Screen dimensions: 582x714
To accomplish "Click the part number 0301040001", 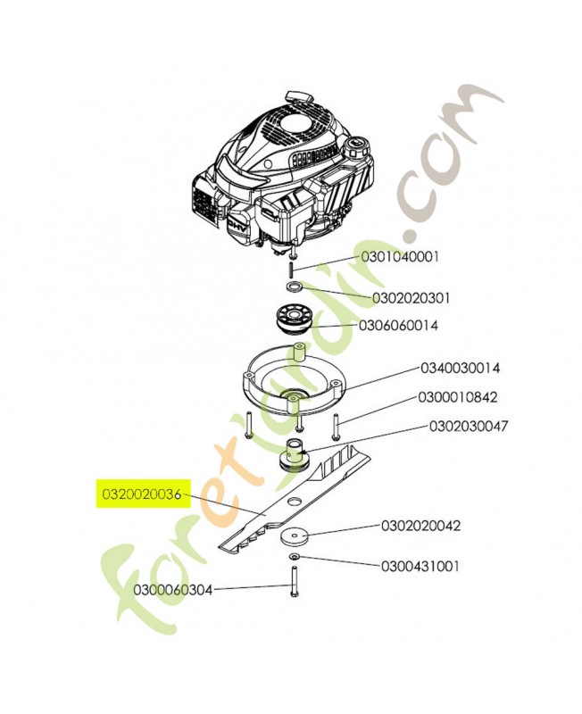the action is tap(400, 257).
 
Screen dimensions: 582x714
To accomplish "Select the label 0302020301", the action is tap(411, 298).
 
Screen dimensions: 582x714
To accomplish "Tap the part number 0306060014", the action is tap(398, 326).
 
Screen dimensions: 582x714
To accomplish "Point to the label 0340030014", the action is tap(460, 368).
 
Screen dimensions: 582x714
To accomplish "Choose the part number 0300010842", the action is tap(458, 397).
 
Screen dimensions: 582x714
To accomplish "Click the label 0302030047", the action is tap(468, 427).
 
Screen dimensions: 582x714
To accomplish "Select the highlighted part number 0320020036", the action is tap(142, 494).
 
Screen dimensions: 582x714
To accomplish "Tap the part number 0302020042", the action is tap(420, 526).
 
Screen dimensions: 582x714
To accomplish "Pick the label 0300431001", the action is tap(420, 567).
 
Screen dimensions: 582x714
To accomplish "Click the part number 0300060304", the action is tap(173, 590).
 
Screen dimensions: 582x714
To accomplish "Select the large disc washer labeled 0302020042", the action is tap(295, 536).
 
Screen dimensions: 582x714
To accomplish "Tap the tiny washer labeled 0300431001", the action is tap(294, 557).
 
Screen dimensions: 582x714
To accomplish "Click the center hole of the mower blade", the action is tap(294, 501).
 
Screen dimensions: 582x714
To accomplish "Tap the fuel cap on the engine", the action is tap(356, 147).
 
